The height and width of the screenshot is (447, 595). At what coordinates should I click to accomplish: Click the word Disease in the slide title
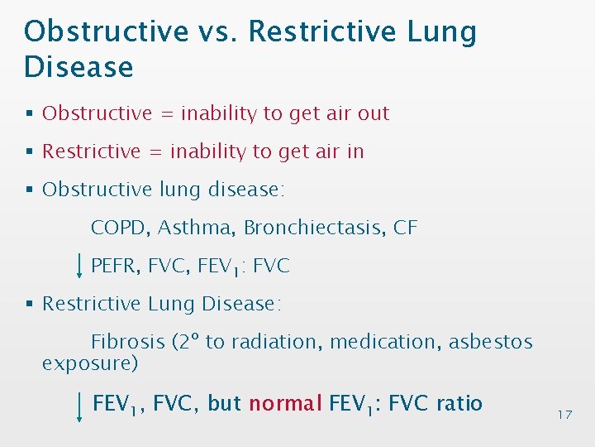pos(79,66)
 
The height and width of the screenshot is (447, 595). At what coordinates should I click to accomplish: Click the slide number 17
pos(564,414)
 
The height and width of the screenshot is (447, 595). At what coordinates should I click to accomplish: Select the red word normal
pos(285,404)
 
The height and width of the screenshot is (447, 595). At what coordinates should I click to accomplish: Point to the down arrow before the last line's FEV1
pos(79,406)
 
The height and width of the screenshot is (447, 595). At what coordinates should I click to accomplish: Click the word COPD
pos(119,228)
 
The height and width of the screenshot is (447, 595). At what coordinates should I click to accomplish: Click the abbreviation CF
pos(406,228)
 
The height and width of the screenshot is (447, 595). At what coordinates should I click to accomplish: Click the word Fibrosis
pos(126,342)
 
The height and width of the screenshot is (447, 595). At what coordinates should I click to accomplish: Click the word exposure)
pos(90,363)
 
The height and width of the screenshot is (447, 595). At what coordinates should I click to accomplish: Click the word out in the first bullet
pos(373,113)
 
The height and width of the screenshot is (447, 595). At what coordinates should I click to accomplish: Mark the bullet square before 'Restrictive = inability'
pos(30,152)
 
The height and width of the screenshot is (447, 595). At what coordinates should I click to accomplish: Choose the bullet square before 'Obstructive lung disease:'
pos(30,190)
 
